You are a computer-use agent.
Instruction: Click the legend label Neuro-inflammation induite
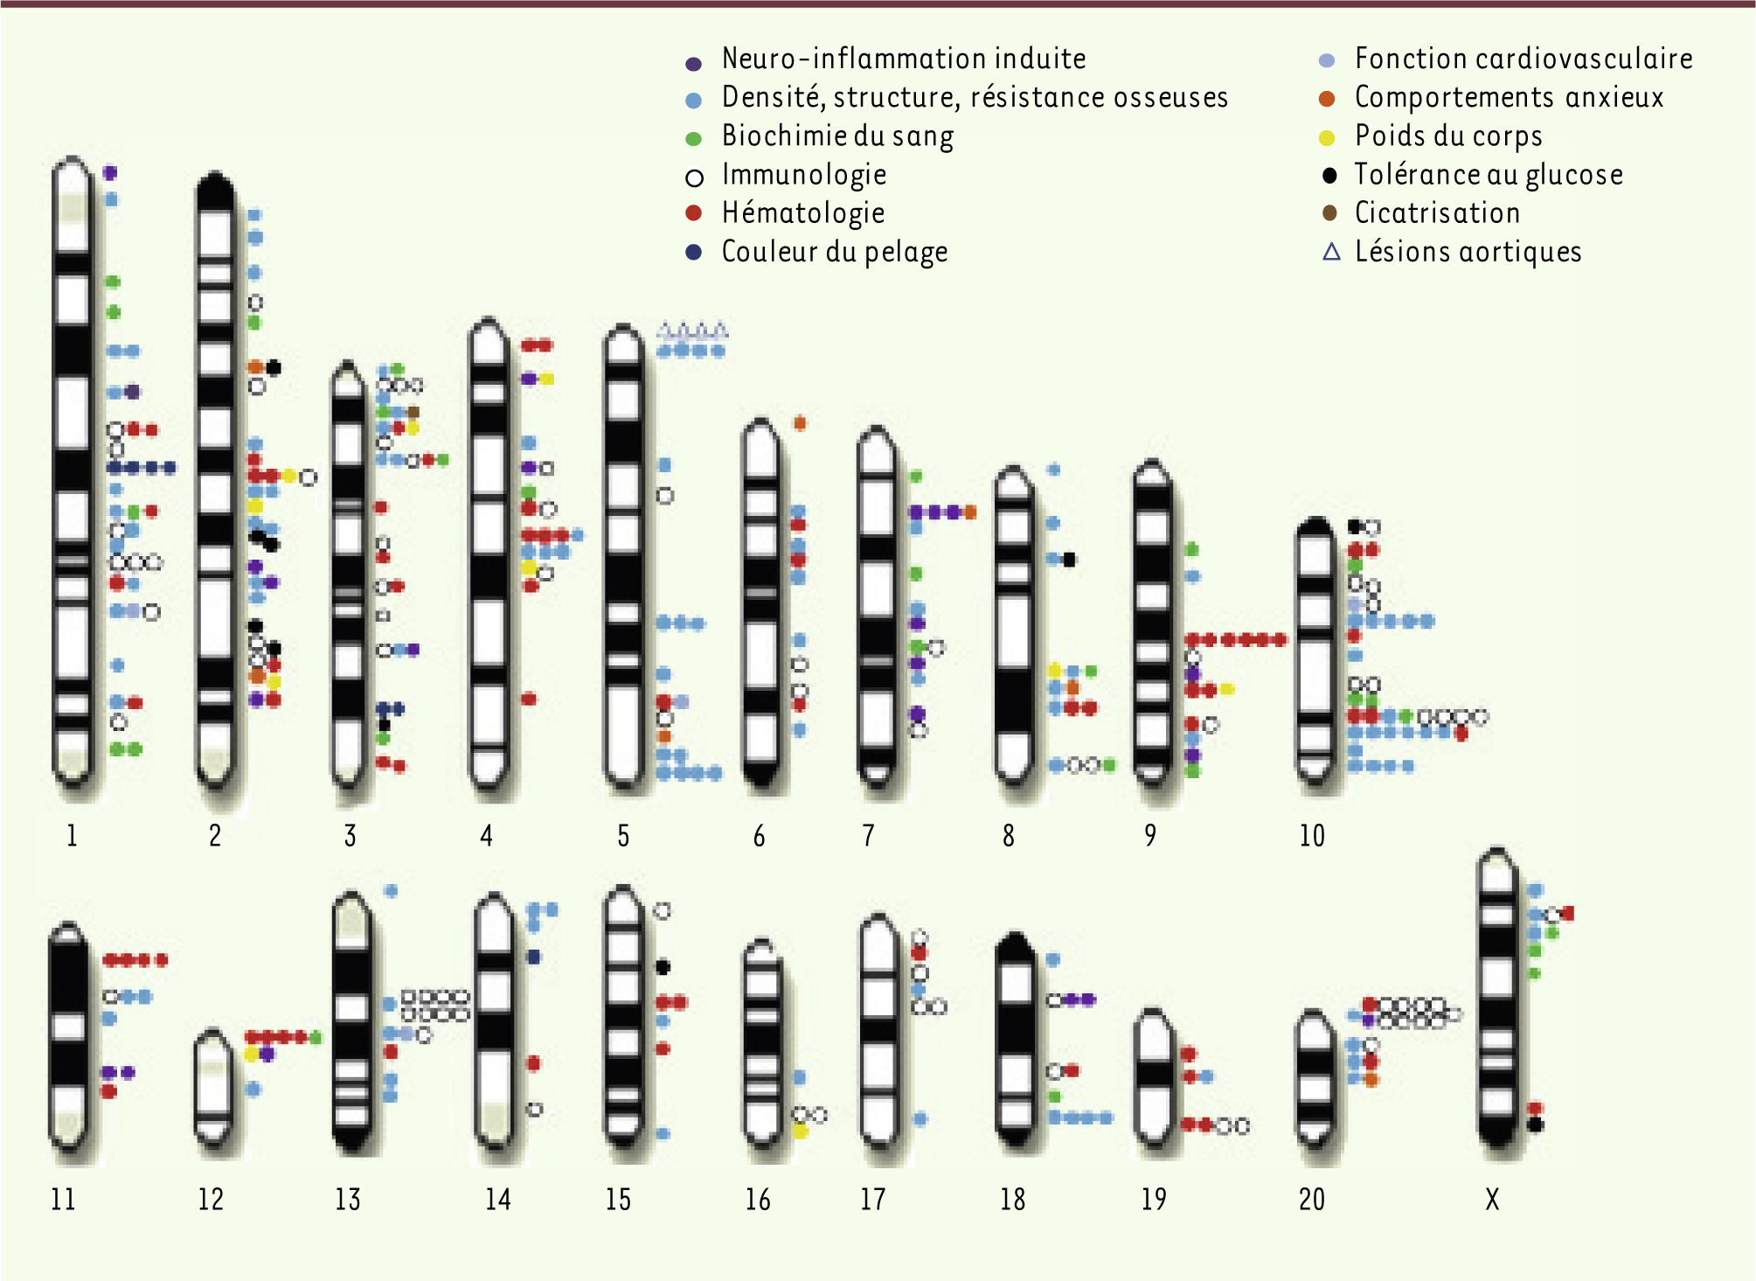tap(904, 59)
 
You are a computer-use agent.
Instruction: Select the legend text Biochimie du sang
tap(837, 136)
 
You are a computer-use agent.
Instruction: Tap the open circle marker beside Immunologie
tap(694, 178)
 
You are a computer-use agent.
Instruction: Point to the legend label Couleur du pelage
tap(835, 252)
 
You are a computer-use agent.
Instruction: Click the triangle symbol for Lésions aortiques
tap(1331, 252)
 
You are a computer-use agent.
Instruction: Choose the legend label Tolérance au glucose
tap(1489, 175)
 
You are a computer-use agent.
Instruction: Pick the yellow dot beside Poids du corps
tap(1327, 137)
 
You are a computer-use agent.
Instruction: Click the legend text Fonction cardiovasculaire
tap(1523, 59)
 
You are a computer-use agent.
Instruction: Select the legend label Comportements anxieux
tap(1509, 97)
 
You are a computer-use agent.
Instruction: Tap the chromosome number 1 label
tap(72, 836)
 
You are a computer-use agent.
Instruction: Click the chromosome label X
tap(1492, 1199)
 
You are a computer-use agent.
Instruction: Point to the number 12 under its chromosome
tap(211, 1199)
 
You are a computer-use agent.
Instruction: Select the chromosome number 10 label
tap(1312, 836)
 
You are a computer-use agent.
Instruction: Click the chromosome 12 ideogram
tap(212, 1088)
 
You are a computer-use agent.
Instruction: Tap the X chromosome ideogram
tap(1498, 997)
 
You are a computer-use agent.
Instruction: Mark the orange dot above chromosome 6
tap(800, 423)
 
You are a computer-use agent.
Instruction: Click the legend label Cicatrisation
tap(1437, 213)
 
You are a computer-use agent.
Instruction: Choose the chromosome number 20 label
tap(1312, 1199)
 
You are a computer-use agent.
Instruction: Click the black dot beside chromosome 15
tap(663, 967)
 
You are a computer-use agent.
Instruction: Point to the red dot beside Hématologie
tap(694, 212)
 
